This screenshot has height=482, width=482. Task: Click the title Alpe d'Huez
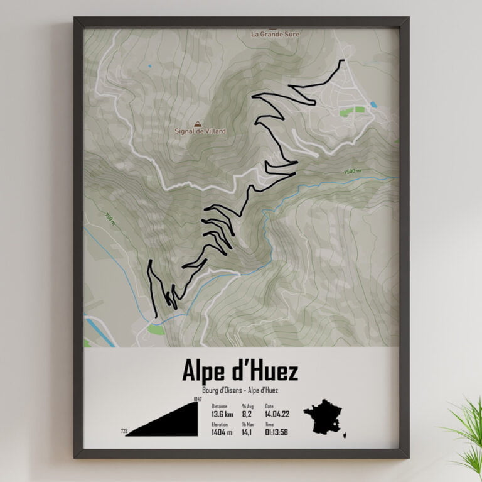(240, 371)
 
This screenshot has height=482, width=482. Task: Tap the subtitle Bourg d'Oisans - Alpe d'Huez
(240, 391)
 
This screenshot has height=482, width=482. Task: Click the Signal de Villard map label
(200, 131)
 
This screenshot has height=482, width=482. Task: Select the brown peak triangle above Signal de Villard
(198, 124)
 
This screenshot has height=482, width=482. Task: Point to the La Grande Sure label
(275, 34)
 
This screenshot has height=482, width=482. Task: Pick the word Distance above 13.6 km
(220, 406)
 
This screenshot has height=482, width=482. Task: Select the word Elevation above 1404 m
(220, 425)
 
